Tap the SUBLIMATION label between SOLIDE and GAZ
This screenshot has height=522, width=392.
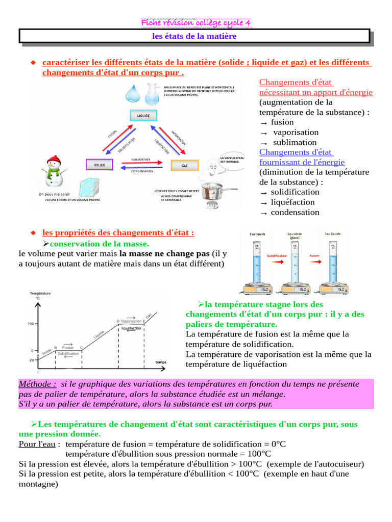[x=141, y=159]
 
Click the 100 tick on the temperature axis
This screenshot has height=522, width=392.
[x=31, y=324]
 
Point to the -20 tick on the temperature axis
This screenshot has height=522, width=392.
[x=31, y=360]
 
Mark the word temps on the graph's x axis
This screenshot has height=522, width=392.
[x=161, y=362]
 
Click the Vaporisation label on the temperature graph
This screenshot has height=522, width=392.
[x=131, y=321]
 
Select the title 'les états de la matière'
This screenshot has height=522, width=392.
[x=194, y=37]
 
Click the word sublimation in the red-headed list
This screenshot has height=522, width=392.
[x=295, y=142]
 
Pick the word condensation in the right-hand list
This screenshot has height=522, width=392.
[x=295, y=212]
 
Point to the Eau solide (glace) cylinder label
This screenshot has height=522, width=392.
[x=295, y=236]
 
